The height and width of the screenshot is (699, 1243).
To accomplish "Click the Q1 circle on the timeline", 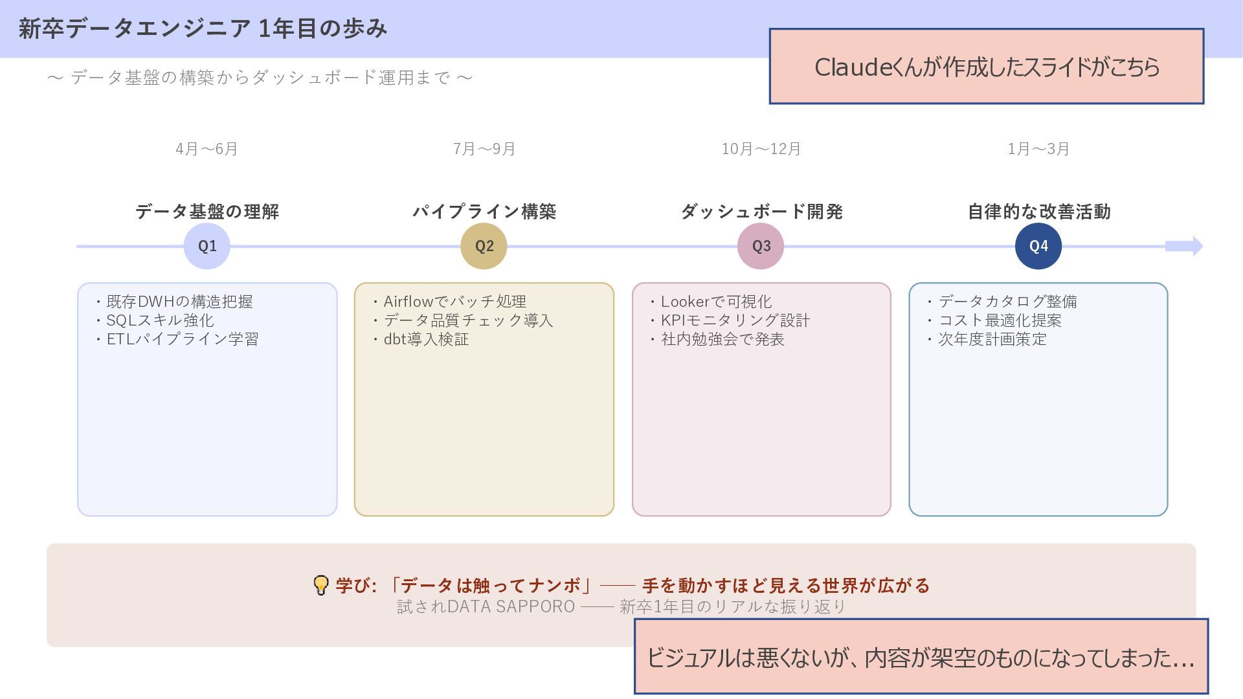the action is (x=207, y=246).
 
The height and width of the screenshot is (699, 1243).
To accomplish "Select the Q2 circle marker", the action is (x=484, y=246).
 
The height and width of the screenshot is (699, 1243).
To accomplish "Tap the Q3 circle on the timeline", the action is (x=761, y=246).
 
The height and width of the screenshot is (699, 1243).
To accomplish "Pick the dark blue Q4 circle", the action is (x=1038, y=246).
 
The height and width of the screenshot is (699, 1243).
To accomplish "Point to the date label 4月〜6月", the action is (x=207, y=149).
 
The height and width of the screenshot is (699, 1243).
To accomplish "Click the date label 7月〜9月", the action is (x=484, y=149).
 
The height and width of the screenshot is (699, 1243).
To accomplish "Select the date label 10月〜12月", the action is (x=761, y=149).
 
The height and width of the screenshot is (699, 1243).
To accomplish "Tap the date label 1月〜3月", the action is (x=1038, y=149).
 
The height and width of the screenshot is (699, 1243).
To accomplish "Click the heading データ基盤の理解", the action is (x=207, y=212).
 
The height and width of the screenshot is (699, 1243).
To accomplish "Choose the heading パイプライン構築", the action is (x=484, y=212).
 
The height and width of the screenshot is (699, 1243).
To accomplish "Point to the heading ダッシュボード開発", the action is (x=761, y=212).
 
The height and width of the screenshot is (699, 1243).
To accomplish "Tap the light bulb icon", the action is (x=320, y=585).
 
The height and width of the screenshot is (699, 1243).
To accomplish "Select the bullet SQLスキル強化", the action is (x=160, y=320).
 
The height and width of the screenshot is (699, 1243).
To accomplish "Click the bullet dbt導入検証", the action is (x=426, y=339).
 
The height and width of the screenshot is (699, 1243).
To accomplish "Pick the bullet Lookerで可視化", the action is (x=716, y=302).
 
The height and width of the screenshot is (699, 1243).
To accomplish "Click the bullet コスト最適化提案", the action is (x=1000, y=320).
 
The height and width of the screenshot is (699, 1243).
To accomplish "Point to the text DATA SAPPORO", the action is (x=511, y=606).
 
